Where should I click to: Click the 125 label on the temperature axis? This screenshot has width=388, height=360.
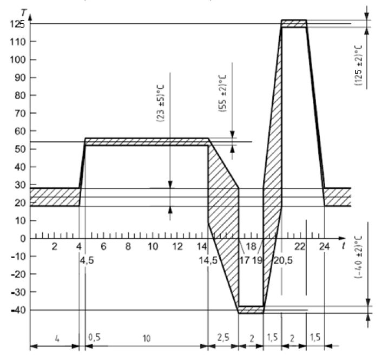click(x=17, y=24)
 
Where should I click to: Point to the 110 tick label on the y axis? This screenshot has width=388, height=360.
click(x=17, y=42)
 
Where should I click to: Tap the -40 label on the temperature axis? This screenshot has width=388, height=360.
click(x=18, y=310)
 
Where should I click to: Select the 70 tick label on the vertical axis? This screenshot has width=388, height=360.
click(x=20, y=113)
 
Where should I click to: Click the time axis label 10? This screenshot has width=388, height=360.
click(x=153, y=246)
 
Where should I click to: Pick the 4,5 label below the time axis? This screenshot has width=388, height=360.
click(x=87, y=260)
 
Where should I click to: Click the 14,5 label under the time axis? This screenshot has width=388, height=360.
click(x=208, y=260)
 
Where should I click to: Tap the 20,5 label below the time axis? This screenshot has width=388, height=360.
click(x=283, y=260)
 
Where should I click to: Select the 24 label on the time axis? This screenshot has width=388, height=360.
click(x=324, y=246)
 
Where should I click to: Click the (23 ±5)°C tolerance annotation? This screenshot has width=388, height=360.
click(x=161, y=103)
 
